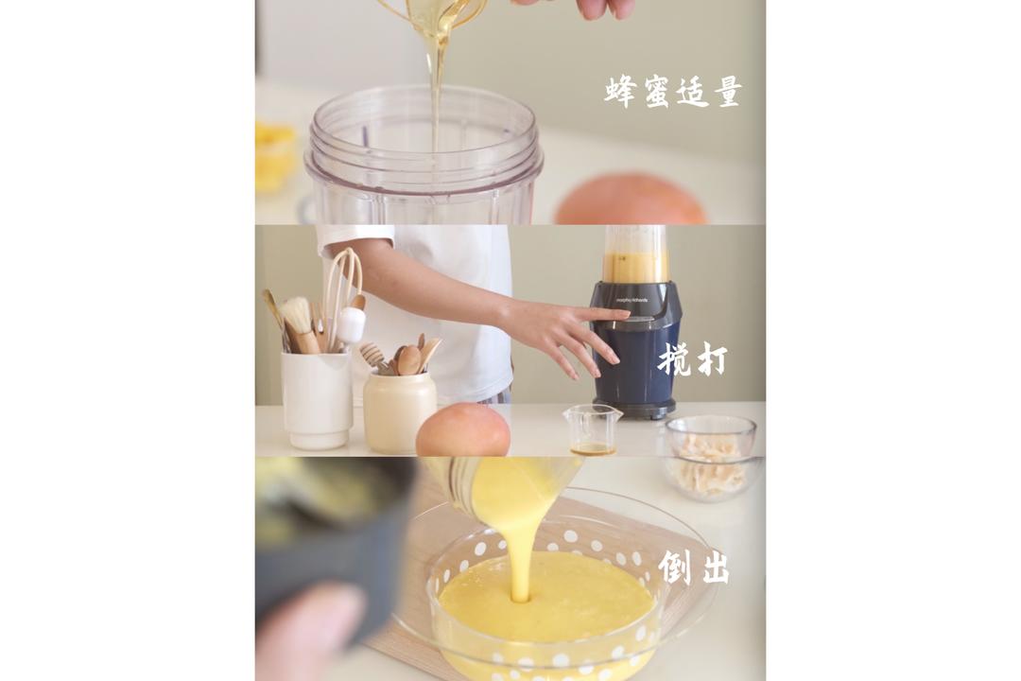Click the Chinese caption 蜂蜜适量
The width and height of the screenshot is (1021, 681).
coord(672,92)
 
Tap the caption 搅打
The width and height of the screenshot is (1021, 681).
coord(692,360)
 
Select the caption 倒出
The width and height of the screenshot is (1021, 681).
coord(693,567)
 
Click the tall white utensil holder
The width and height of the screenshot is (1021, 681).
coord(317,399)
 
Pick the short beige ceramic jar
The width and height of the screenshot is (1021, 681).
coord(399,411)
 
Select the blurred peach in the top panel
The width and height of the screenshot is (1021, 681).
coord(630,201)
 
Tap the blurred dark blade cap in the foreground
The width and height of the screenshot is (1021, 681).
coord(331,530)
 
